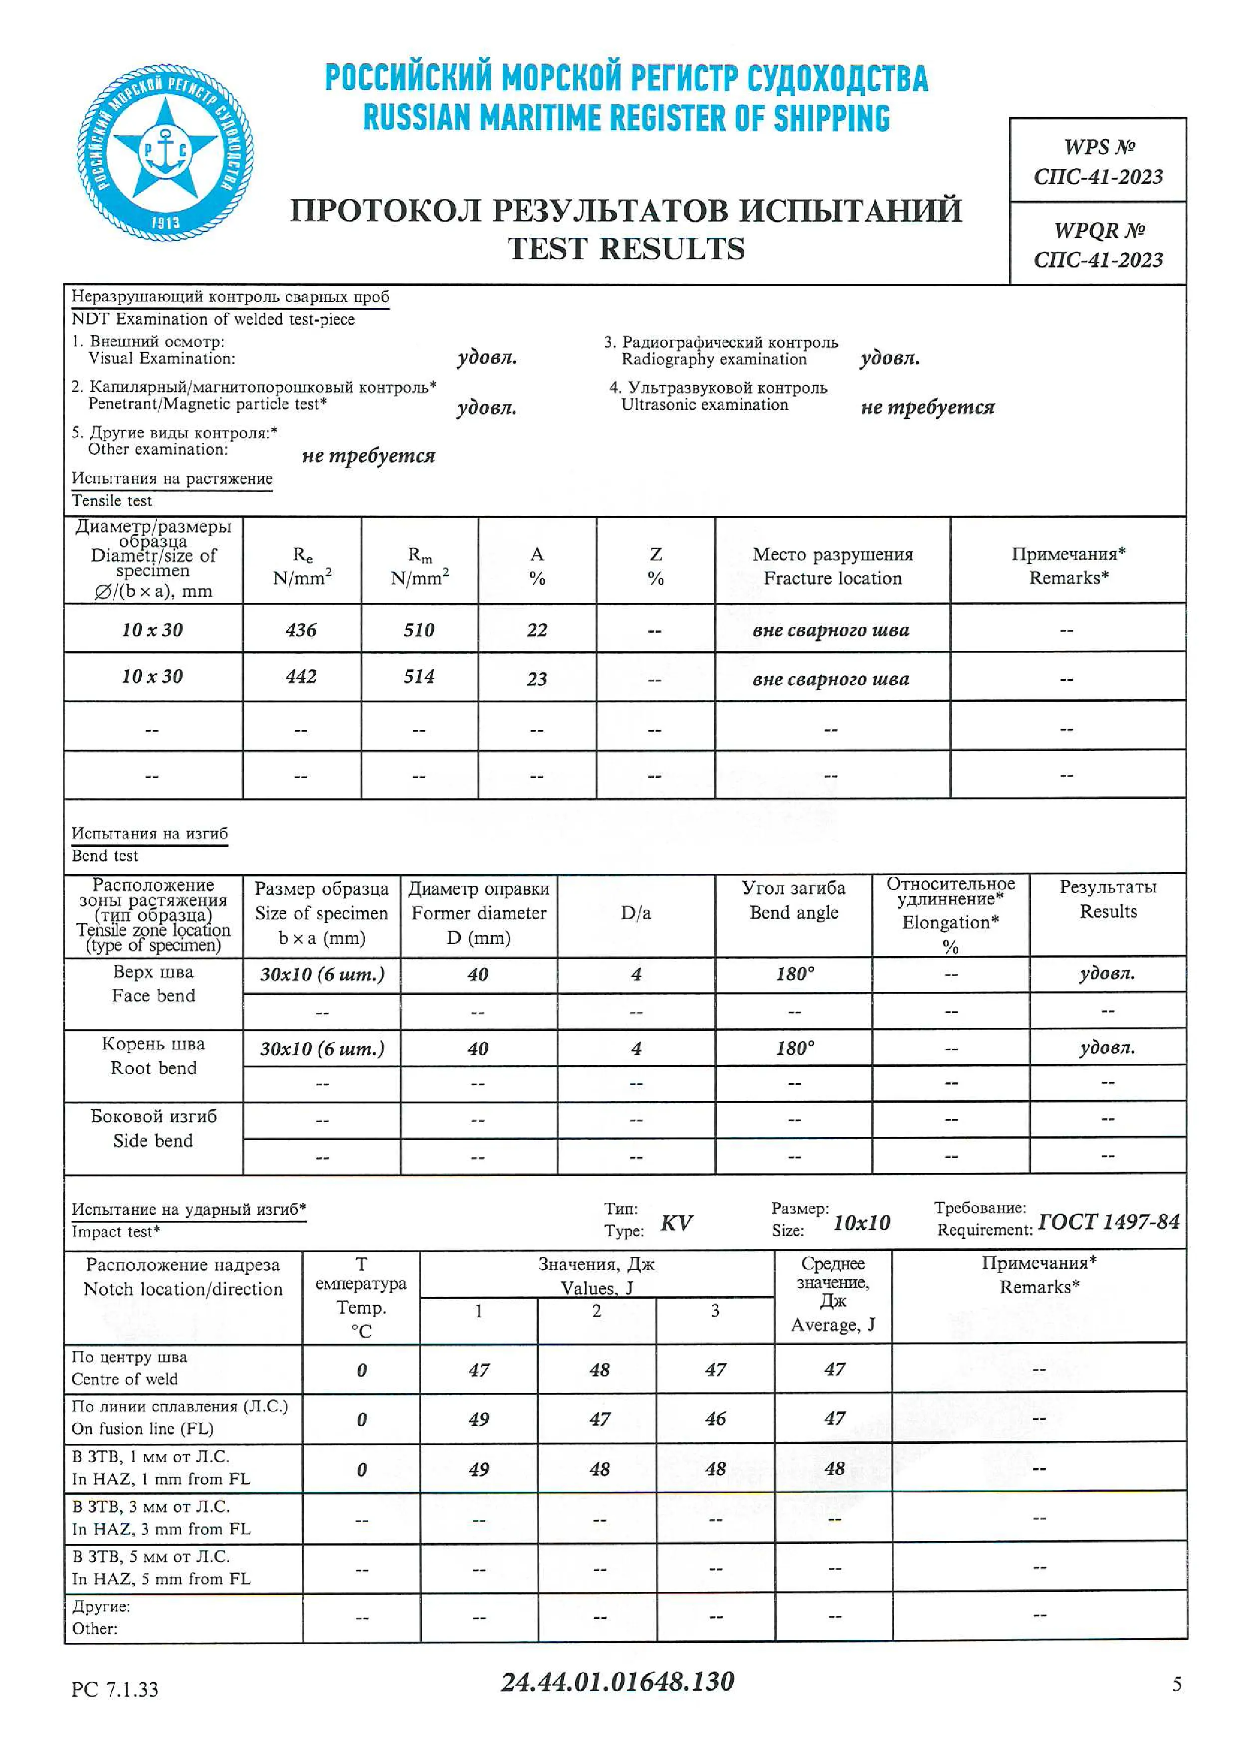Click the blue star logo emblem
pos(165,152)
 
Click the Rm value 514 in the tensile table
pos(419,676)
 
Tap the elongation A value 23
pos(537,679)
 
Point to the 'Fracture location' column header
pos(832,566)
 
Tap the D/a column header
pos(636,913)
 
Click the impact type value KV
pos(676,1223)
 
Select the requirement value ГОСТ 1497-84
pos(1108,1222)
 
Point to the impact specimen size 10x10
pos(861,1223)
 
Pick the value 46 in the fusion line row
pos(715,1418)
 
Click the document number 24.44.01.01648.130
pos(617,1682)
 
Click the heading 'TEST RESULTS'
pos(626,249)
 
